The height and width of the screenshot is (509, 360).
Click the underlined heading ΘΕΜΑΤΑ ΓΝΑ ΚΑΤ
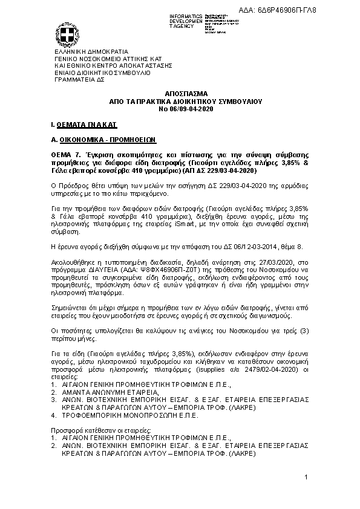coord(87,124)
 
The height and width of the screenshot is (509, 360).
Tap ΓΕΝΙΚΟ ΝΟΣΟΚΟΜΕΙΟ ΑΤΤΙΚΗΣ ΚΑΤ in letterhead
coord(103,59)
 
